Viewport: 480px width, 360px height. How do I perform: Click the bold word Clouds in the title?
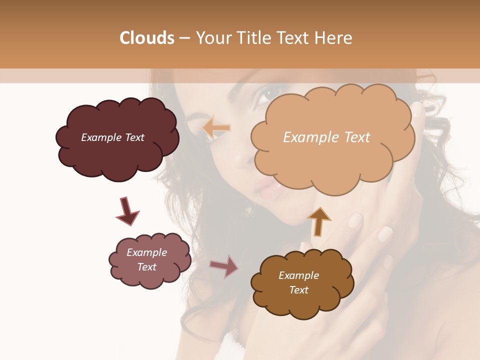point(147,38)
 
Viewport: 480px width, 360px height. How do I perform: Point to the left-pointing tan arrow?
point(216,128)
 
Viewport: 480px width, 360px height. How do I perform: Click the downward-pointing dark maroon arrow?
point(127,211)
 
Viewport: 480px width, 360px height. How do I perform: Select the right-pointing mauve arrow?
point(224,266)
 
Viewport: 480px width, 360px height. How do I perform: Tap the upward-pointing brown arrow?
point(319,221)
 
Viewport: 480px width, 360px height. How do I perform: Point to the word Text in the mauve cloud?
point(147,267)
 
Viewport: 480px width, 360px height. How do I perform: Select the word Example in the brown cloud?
point(298,275)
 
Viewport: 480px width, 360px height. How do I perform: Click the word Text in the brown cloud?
point(298,290)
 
